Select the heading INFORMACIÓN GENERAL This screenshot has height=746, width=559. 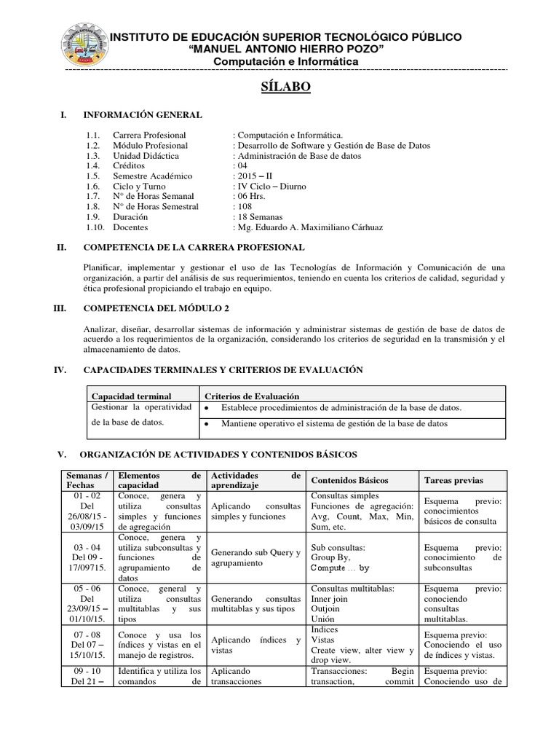tap(143, 115)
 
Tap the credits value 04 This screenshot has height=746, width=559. tap(242, 165)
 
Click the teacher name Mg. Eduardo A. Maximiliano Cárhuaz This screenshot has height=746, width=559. tap(308, 227)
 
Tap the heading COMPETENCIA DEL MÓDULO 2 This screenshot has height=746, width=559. tap(155, 308)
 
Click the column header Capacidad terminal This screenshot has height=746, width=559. tap(130, 396)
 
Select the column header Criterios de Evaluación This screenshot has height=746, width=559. tap(252, 396)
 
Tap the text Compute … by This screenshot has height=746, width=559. tap(340, 568)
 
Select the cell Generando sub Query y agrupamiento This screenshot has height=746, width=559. tap(255, 557)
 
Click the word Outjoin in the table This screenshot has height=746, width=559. tap(325, 609)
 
